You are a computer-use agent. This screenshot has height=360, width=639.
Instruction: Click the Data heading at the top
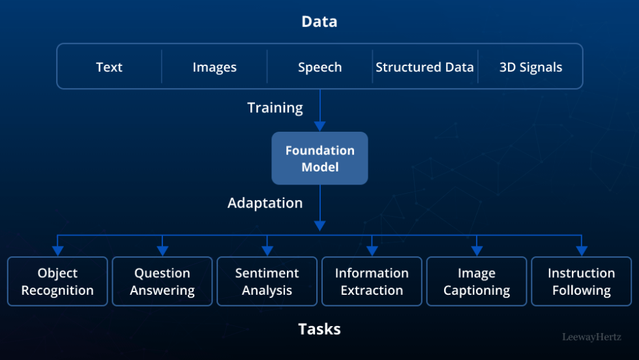(x=319, y=22)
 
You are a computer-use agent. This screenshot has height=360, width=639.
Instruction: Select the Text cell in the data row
(x=109, y=67)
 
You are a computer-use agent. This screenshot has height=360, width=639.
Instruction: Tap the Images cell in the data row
(x=215, y=67)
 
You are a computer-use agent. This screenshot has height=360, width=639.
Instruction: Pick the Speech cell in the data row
(x=319, y=67)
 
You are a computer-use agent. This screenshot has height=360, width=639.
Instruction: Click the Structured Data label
(x=424, y=67)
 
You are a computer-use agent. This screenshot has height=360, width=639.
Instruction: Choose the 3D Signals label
(x=530, y=67)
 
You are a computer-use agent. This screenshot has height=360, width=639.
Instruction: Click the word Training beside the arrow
(x=275, y=108)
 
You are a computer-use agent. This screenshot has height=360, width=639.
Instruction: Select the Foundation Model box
(x=319, y=158)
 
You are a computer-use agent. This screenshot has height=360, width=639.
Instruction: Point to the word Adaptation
(x=265, y=203)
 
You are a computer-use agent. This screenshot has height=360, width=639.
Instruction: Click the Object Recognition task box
(x=57, y=282)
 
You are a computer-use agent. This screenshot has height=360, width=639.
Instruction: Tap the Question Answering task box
(x=162, y=282)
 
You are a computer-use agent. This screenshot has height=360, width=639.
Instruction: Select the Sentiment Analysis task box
(x=267, y=282)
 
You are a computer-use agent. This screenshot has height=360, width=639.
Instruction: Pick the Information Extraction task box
(x=372, y=282)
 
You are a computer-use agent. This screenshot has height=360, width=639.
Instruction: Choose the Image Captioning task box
(x=477, y=282)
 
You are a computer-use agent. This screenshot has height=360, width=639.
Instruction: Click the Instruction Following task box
(x=581, y=282)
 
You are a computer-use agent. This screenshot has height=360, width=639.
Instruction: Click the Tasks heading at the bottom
(x=319, y=329)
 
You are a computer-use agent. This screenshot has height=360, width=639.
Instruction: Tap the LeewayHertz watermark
(x=591, y=337)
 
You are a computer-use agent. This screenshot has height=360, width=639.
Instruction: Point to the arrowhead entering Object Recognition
(x=57, y=250)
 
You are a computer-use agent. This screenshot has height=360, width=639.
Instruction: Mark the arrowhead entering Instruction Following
(x=582, y=250)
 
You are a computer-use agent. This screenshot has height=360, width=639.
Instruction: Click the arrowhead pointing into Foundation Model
(x=319, y=127)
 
